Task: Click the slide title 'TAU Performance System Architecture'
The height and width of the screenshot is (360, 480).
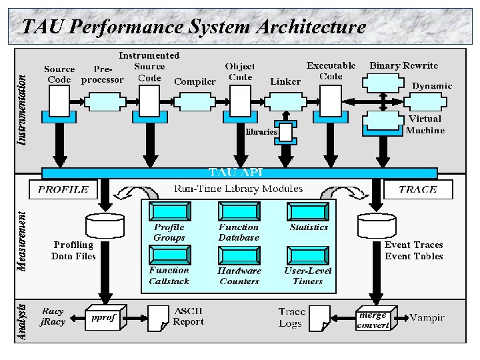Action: [193, 27]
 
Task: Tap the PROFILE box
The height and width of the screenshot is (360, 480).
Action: [63, 189]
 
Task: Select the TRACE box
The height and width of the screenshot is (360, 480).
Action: [418, 189]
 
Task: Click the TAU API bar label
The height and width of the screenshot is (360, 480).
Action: [236, 173]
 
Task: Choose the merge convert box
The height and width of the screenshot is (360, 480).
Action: [373, 320]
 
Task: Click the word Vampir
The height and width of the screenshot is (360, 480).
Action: [427, 317]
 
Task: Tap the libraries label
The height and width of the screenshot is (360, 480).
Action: [261, 132]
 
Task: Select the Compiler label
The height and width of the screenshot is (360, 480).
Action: [195, 81]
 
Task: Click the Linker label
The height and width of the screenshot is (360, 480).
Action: [285, 81]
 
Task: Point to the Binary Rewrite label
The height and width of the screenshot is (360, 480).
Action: [403, 65]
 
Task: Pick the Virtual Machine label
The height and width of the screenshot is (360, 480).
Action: [425, 125]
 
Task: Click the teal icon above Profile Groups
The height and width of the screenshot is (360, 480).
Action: [169, 212]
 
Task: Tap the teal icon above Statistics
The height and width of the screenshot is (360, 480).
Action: [308, 212]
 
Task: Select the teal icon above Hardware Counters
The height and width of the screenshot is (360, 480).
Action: [239, 255]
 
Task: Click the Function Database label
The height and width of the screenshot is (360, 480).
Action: [239, 232]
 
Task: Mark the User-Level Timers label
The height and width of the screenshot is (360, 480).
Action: [308, 276]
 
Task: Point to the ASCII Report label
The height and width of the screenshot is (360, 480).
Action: [188, 317]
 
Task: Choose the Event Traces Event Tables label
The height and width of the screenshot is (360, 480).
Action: [413, 251]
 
